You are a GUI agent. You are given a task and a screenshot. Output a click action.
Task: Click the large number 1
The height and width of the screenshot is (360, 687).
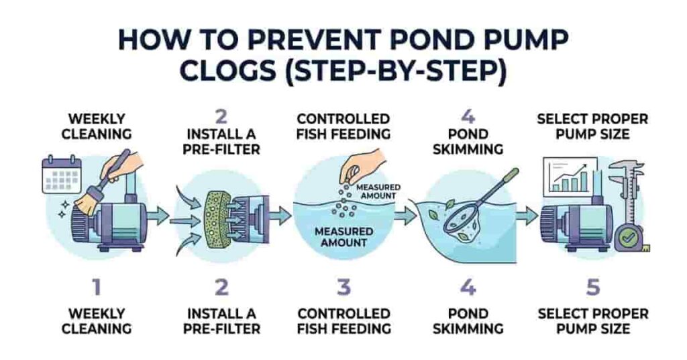[97, 288]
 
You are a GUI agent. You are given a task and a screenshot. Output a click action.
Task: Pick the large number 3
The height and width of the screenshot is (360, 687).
[343, 288]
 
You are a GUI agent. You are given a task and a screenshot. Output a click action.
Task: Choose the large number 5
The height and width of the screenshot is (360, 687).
[592, 288]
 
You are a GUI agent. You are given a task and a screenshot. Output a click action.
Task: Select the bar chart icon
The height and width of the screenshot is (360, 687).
[570, 175]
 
